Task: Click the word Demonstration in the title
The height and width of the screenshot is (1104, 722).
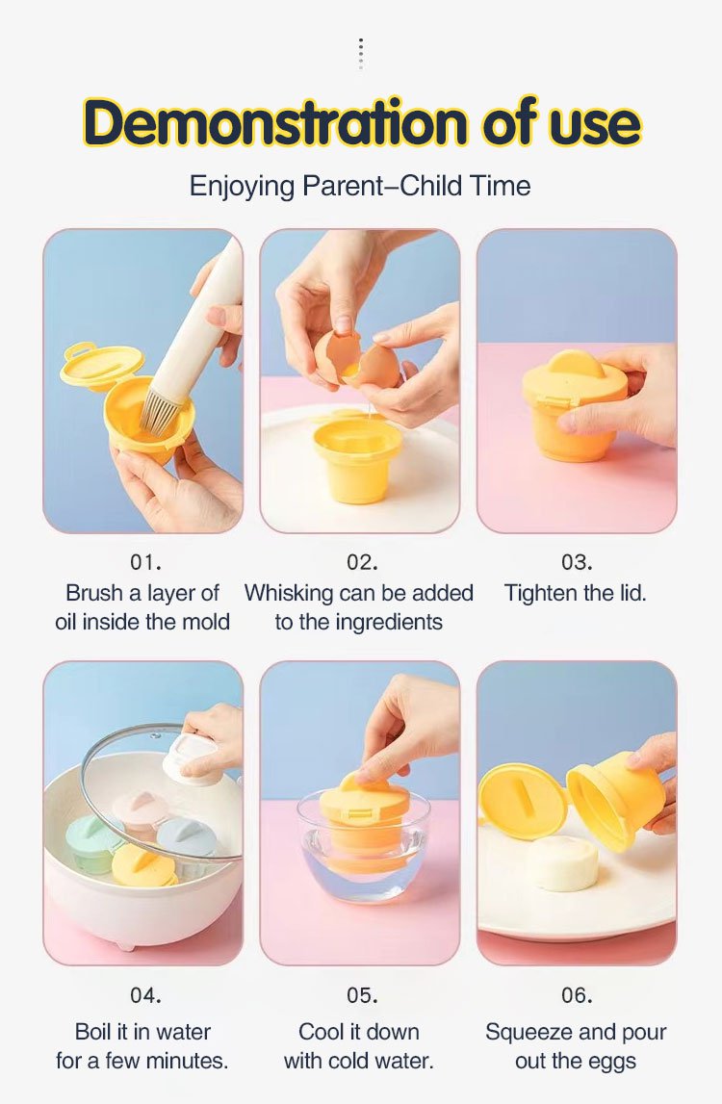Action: pos(275,122)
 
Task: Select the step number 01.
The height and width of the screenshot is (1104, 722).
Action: pos(145,562)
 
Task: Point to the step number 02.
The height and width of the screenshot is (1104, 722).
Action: pos(362,562)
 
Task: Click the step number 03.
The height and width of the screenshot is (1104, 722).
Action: pos(577,562)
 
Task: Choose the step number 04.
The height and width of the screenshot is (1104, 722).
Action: pos(145,995)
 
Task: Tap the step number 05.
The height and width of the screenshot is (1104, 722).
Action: pos(362,995)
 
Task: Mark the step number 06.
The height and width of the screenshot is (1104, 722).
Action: pos(577,995)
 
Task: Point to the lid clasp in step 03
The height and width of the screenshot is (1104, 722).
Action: pos(554,401)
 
